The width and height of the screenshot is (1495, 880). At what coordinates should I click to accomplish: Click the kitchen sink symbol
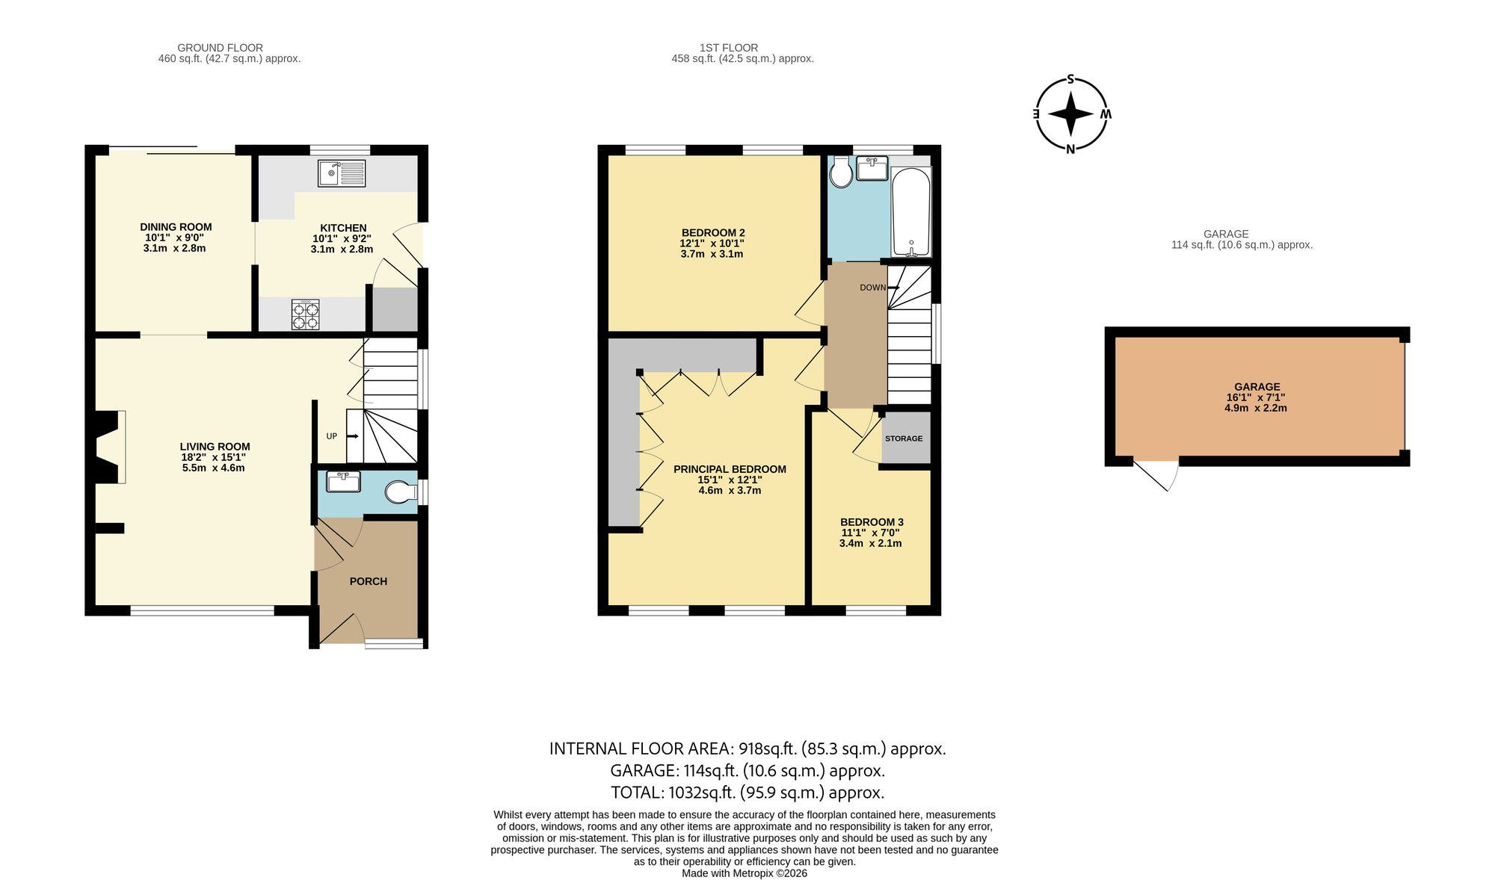[x=342, y=173]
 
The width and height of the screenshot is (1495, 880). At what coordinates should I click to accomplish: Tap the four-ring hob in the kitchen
[x=305, y=314]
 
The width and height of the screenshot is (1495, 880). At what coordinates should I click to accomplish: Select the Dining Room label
[x=176, y=227]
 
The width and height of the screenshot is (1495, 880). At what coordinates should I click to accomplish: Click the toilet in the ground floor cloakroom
[x=401, y=492]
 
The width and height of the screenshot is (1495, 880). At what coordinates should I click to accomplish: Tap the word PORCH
[x=369, y=581]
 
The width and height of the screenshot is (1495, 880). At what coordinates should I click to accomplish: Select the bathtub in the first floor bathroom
[x=911, y=212]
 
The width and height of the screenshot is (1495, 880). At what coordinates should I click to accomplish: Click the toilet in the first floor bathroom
[x=841, y=173]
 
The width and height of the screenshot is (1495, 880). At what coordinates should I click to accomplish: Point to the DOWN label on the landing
[x=872, y=288]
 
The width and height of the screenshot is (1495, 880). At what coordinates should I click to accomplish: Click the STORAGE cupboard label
[x=904, y=439]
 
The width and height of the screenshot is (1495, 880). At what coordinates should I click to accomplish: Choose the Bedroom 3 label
[x=872, y=522]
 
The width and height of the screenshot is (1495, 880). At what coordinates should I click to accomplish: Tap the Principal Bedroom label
[x=730, y=469]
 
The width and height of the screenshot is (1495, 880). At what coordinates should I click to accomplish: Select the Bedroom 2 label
[x=713, y=232]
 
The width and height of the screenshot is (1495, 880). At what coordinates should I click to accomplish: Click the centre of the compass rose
[x=1070, y=114]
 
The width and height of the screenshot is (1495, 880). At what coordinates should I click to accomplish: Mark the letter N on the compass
[x=1070, y=149]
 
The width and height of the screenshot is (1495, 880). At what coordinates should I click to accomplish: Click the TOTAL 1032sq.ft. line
[x=747, y=793]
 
